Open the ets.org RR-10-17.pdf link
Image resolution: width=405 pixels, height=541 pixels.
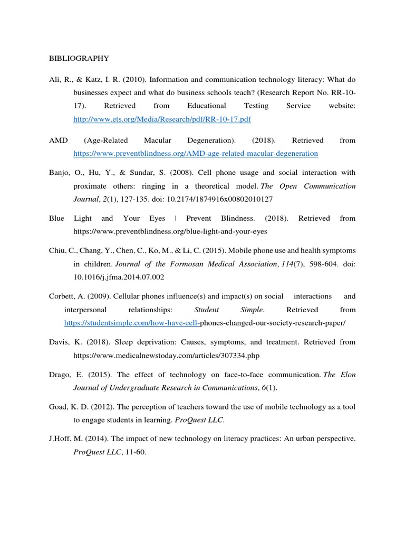point(162,119)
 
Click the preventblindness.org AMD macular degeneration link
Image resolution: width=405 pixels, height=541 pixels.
point(196,154)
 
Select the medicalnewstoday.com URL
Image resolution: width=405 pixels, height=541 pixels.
point(167,355)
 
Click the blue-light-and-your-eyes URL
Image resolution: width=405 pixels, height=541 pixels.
point(170,231)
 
